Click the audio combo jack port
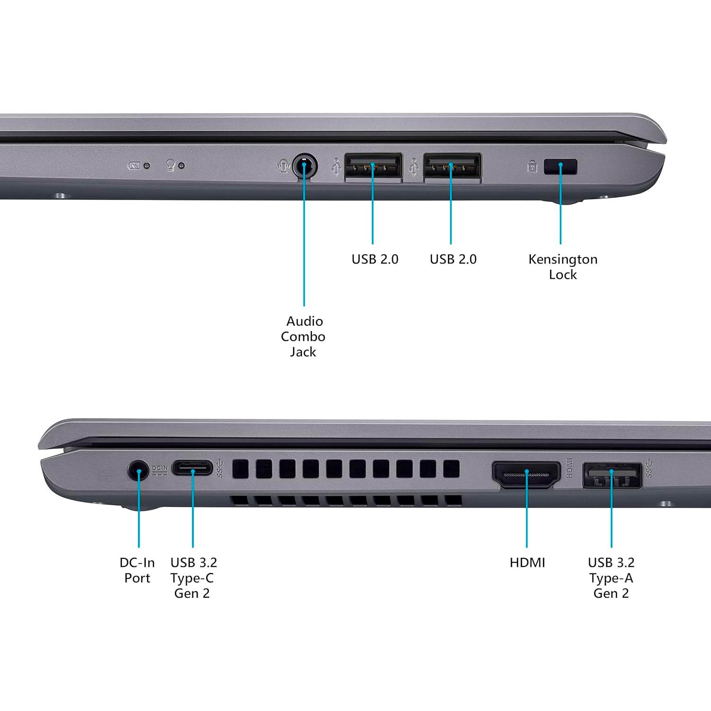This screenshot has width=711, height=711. coord(304,166)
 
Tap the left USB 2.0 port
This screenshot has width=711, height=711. coord(374,166)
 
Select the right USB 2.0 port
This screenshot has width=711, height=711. coord(452,166)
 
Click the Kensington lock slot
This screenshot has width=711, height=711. coord(560,167)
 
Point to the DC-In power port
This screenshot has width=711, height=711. coord(138,471)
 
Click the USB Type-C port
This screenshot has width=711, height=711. coord(192,468)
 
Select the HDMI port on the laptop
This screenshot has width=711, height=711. coord(526,474)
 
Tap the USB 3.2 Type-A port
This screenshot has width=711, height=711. coord(612,475)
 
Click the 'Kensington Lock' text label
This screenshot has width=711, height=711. coord(563,267)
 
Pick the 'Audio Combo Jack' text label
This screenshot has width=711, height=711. coord(303,337)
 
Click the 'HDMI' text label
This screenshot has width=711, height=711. coord(527,563)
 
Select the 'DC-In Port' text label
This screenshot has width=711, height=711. coord(137,570)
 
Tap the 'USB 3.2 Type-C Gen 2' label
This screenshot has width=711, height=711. coord(193,578)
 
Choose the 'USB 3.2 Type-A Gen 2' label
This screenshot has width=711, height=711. coord(611,578)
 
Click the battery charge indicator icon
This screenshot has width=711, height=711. coord(134,166)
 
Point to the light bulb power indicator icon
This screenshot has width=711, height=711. coord(171,165)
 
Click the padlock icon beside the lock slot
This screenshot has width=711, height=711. coord(532,167)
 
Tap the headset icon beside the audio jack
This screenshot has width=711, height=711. coord(283,166)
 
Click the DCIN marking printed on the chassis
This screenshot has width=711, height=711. coord(160,469)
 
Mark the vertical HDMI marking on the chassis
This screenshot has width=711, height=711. coord(570,468)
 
